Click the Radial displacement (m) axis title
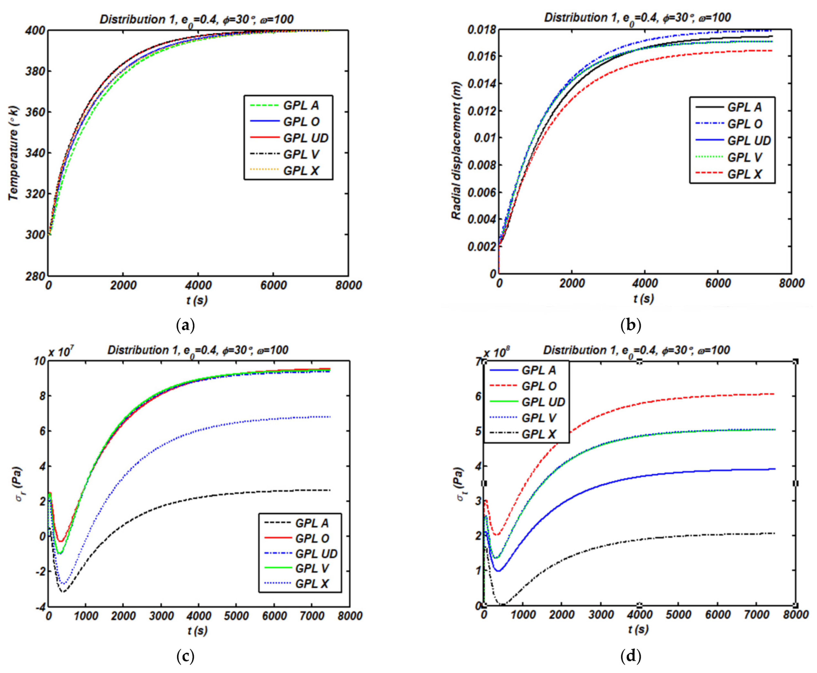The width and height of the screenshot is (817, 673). (x=457, y=151)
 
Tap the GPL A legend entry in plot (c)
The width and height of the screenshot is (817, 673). (x=312, y=523)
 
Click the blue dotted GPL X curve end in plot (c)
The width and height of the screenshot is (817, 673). (x=329, y=417)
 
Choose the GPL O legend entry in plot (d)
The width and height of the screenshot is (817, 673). (x=539, y=386)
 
